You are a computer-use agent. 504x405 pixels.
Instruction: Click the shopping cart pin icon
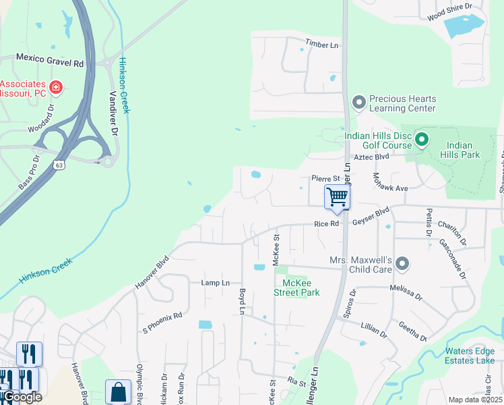coord(337,198)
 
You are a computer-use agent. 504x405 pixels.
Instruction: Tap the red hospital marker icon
coord(56,87)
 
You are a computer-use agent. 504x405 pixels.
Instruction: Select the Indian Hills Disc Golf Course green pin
coord(422,140)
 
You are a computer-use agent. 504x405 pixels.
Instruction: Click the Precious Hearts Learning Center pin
coord(359,103)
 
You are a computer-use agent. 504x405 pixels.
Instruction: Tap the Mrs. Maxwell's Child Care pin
coord(402,264)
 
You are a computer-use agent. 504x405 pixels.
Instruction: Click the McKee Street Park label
coord(296,288)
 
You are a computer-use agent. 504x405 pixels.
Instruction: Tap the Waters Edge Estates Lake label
coord(470,355)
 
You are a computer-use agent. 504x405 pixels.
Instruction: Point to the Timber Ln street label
coord(321,43)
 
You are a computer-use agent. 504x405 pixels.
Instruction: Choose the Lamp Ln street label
coord(216,283)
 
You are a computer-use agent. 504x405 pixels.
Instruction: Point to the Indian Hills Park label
coord(464,150)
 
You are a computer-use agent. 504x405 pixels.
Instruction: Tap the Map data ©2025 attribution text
coord(475,400)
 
